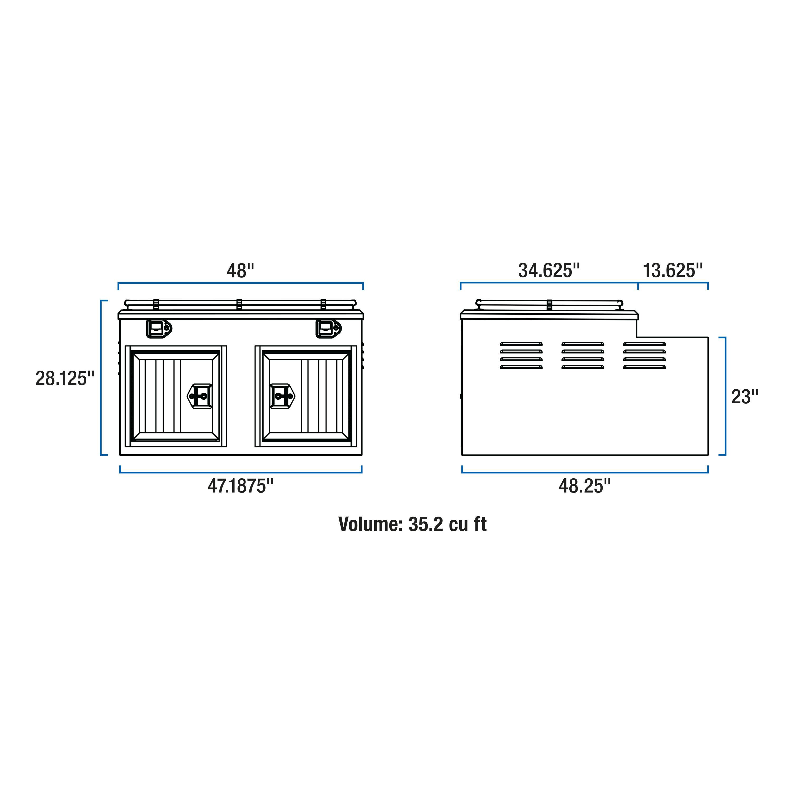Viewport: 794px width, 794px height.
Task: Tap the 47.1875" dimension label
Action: [240, 486]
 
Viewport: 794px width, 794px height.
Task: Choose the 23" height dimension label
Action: [745, 397]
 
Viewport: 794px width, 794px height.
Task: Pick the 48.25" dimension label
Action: [584, 486]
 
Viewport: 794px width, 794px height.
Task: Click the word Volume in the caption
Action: [370, 525]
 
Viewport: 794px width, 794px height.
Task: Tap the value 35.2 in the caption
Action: [425, 525]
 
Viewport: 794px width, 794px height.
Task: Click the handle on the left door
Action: [200, 396]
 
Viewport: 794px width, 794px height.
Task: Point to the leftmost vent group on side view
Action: [521, 355]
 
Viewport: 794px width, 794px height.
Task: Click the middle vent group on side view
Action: [583, 355]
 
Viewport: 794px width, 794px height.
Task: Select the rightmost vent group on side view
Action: [644, 355]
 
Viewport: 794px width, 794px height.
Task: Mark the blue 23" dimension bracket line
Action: [725, 396]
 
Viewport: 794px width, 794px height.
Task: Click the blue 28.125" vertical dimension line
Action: [101, 378]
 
